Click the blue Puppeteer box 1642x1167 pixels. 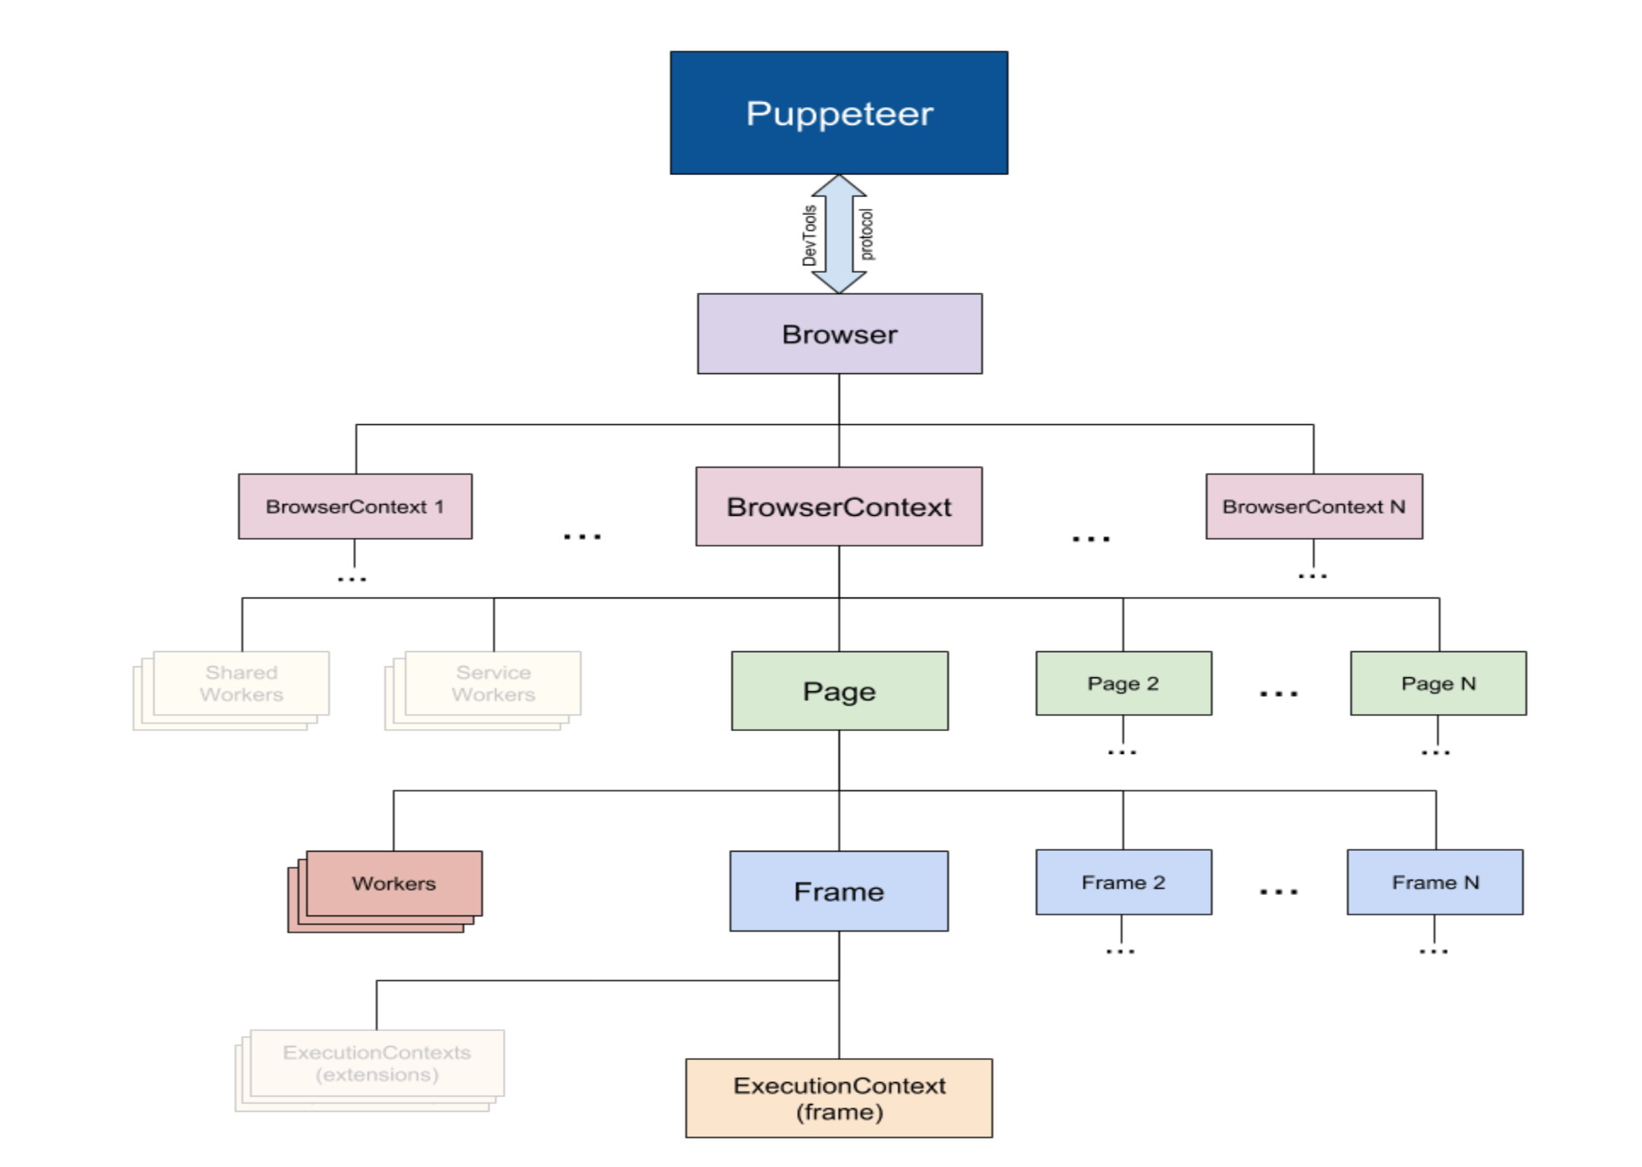click(x=838, y=113)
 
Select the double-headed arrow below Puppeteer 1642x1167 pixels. click(x=838, y=234)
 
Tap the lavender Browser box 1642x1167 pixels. click(x=839, y=334)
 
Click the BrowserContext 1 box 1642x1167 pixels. click(x=355, y=507)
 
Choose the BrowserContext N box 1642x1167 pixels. click(x=1314, y=507)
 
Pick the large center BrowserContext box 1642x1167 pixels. click(x=838, y=507)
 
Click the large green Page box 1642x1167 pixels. click(x=839, y=691)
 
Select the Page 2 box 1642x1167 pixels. click(x=1123, y=683)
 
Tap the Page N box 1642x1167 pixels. click(x=1438, y=683)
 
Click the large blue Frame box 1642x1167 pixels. click(x=838, y=891)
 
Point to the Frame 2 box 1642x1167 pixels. click(x=1123, y=882)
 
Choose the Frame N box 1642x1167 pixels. click(x=1435, y=882)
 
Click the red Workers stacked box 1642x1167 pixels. click(x=394, y=884)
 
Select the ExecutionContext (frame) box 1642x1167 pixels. click(x=839, y=1098)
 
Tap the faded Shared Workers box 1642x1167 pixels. click(x=241, y=683)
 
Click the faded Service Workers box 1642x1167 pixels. click(x=493, y=683)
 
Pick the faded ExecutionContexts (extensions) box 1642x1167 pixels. click(x=377, y=1063)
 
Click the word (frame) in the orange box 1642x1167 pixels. click(x=839, y=1112)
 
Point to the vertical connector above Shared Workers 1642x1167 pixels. click(x=242, y=625)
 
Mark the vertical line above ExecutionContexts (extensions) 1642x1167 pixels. click(x=377, y=1005)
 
